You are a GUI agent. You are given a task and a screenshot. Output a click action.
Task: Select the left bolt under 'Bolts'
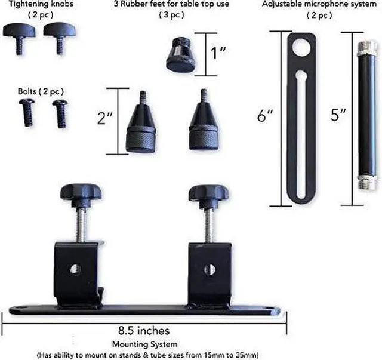click(27, 111)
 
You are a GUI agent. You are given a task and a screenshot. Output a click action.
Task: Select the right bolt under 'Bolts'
click(60, 111)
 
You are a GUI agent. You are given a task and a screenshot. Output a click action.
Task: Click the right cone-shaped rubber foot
click(205, 127)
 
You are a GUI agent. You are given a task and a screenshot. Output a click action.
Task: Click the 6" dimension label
click(264, 116)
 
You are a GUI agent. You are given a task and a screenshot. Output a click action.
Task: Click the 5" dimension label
click(338, 116)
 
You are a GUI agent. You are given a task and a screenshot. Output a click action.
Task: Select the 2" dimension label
click(106, 118)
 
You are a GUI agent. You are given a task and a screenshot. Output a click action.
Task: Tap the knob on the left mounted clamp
click(81, 193)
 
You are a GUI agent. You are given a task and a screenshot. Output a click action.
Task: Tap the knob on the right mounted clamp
click(208, 193)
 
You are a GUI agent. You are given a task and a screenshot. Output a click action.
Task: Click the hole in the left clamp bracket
click(74, 269)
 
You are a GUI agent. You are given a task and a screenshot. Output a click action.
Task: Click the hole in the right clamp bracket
click(206, 268)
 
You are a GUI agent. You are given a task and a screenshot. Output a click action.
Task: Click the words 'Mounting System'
click(145, 344)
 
